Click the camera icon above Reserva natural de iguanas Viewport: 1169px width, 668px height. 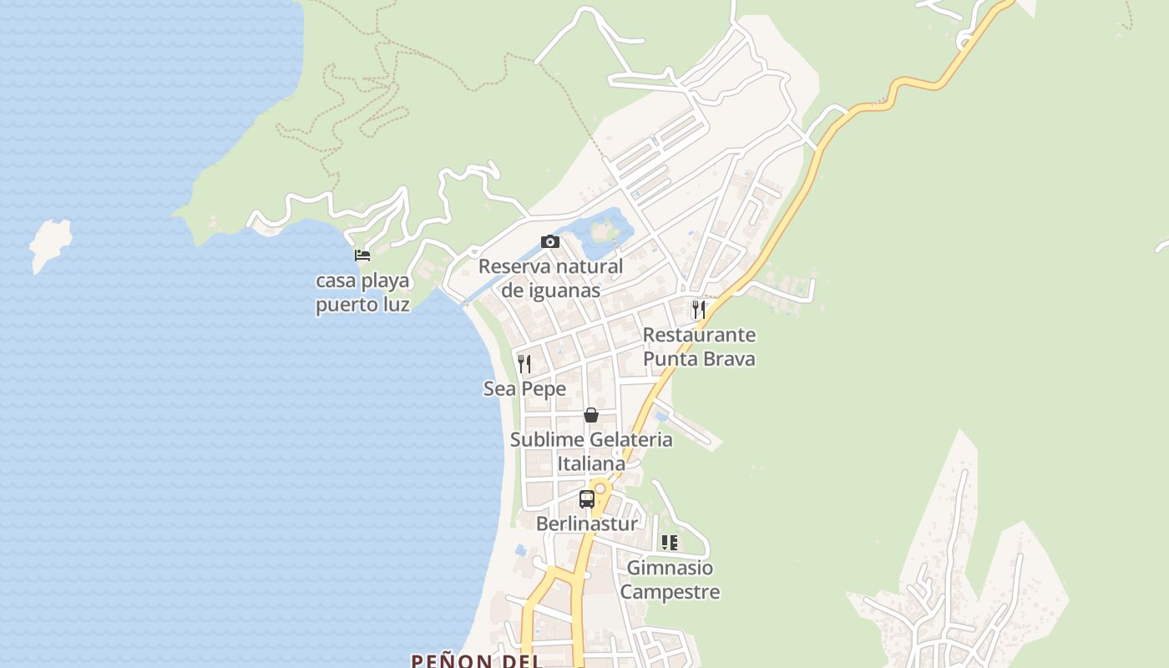[550, 242]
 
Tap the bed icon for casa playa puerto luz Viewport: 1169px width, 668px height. [362, 255]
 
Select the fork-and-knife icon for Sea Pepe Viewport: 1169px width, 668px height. [524, 363]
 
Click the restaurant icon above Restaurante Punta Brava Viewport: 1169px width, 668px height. [699, 310]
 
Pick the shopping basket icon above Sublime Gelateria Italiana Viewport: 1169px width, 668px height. [591, 415]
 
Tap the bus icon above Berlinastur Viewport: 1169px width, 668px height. [587, 499]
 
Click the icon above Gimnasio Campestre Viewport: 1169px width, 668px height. [670, 543]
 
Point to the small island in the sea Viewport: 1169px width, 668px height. [49, 244]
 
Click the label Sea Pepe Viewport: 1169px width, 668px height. [524, 389]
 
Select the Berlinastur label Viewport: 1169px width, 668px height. [586, 524]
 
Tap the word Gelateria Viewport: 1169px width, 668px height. [630, 440]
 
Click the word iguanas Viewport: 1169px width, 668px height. [564, 291]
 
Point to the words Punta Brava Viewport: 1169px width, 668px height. [699, 359]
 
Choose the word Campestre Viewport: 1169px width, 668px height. [670, 593]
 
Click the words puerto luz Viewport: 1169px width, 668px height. [362, 305]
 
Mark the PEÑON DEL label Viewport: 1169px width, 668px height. [476, 660]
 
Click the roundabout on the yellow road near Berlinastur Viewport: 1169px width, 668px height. [600, 487]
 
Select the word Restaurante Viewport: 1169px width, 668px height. [699, 336]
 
